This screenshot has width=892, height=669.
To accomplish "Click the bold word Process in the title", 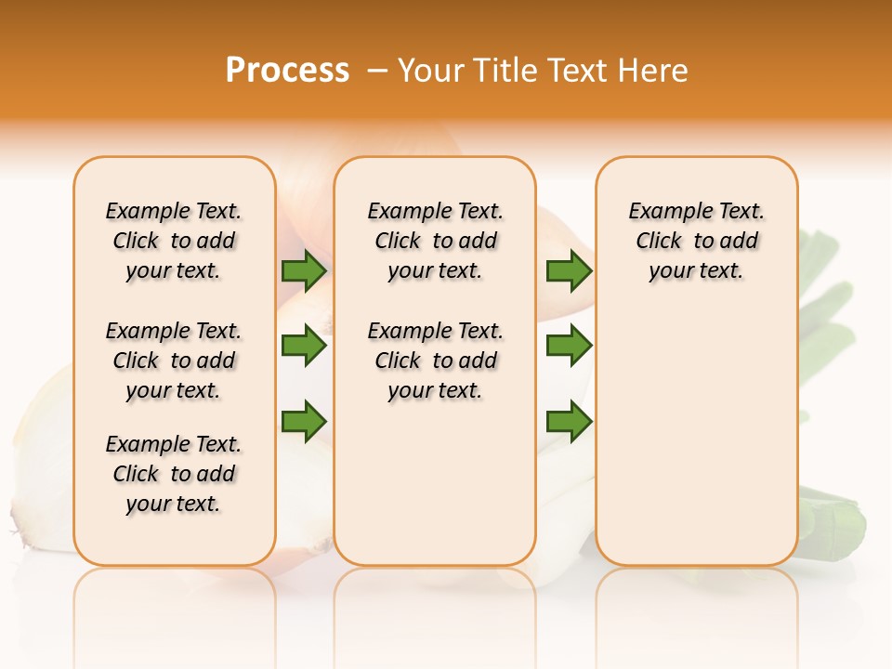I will coord(287,71).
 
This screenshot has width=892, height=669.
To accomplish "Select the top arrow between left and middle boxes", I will coord(304,270).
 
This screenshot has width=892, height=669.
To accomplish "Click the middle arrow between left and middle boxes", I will coord(304,346).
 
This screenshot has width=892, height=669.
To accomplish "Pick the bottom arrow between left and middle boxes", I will coord(304,421).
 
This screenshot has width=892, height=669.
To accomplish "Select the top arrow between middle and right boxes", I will coord(569,270).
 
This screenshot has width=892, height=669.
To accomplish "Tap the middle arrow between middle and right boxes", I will coord(569,346).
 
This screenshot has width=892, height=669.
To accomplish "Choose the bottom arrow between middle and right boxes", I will coord(569,421).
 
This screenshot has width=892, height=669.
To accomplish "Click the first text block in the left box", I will coord(174,241).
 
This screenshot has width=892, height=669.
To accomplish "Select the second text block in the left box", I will coord(174,361).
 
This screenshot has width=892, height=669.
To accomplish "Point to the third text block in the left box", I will coord(174,474).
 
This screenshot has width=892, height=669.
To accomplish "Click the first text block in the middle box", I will coord(436,241).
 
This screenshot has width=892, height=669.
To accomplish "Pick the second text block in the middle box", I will coord(436,361).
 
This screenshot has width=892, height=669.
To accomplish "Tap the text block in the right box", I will coord(697,241).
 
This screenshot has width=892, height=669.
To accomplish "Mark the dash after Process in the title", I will coord(376,71).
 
